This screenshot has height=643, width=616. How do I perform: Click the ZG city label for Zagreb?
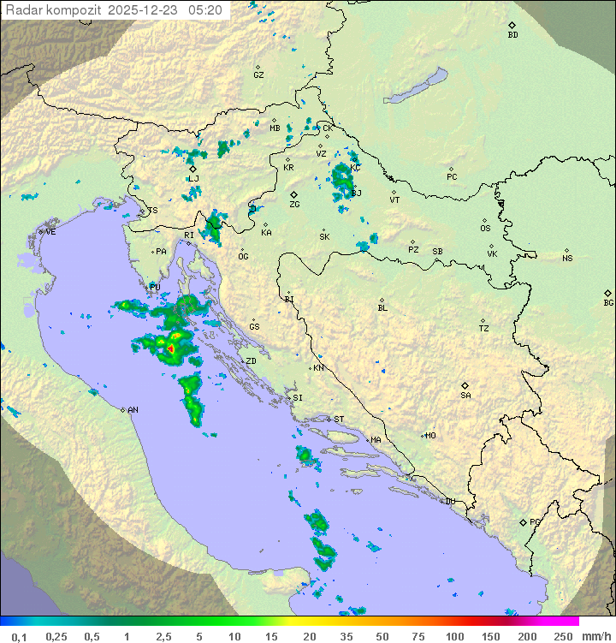294,205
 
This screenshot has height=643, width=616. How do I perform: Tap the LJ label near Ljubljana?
193,178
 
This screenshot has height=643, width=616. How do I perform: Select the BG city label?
608,302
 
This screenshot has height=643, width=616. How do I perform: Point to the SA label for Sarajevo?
465,395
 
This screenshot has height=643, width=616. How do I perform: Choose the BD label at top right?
512,35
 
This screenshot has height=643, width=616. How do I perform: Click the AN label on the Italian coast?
133,410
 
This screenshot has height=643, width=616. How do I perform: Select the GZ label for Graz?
258,75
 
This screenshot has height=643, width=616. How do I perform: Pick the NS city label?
567,259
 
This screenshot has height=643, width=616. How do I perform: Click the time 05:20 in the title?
206,10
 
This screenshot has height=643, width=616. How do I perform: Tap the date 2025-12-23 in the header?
145,10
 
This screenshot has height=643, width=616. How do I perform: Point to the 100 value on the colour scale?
455,636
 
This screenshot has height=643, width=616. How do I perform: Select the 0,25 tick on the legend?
56,636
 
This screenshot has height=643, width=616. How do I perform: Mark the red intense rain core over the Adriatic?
170,349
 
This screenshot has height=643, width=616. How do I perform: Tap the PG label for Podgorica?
535,521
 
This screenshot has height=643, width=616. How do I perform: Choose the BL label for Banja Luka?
382,307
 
